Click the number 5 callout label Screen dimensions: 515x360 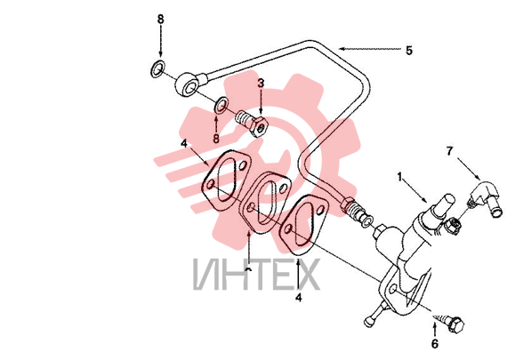point(408,51)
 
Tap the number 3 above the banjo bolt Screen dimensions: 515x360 point(261,83)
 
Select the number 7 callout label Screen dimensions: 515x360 point(450,151)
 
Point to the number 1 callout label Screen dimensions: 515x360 point(399,177)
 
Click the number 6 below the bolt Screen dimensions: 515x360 point(435,344)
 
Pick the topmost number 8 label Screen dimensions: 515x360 point(160,19)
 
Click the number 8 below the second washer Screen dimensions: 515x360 point(216,138)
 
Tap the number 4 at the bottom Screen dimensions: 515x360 point(298,297)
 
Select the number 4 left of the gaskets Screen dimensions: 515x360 point(184,143)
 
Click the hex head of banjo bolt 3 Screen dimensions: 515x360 point(260,127)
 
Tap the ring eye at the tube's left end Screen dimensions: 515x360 point(187,84)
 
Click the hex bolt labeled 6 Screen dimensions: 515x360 point(450,322)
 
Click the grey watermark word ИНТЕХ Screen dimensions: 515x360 point(256,274)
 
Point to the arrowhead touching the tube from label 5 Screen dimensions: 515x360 point(342,49)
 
